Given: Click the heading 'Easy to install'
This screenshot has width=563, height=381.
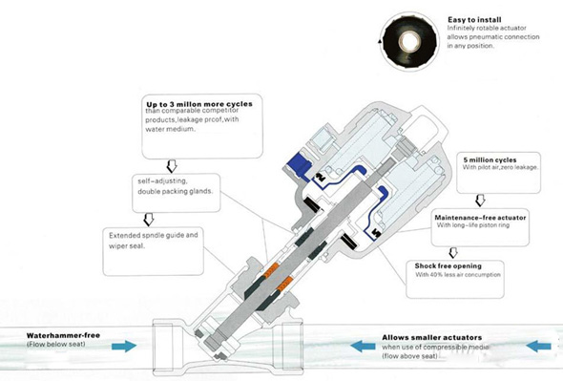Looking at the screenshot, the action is [474, 20].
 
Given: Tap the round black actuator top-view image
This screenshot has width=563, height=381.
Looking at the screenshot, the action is [409, 41].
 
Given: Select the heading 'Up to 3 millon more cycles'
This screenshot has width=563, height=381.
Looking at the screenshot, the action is [199, 104].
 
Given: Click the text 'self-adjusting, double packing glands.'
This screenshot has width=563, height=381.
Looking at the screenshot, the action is [176, 186].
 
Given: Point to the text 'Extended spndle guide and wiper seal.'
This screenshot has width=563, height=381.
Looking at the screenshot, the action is [154, 241].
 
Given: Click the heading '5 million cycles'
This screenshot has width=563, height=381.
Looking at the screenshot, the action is [490, 160].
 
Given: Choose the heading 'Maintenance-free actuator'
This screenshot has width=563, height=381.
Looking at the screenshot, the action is [480, 218].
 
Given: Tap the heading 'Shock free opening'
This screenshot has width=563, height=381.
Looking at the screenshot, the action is [448, 266].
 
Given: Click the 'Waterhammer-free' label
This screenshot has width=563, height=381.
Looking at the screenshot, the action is [63, 335].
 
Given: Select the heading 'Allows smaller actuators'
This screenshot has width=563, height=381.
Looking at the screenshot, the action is [432, 337].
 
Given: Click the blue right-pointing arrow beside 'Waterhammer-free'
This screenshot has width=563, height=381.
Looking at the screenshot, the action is [124, 346].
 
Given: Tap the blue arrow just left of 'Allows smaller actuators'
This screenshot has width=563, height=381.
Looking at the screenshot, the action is [363, 347].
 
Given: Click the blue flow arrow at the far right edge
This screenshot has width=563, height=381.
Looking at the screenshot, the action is [538, 347].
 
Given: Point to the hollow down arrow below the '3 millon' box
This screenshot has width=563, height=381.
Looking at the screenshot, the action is [172, 166].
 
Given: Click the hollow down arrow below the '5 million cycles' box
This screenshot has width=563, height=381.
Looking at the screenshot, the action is [480, 201].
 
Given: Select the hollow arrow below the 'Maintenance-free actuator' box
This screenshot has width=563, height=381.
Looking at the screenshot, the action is [453, 253].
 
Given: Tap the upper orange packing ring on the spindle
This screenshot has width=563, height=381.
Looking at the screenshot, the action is [271, 270].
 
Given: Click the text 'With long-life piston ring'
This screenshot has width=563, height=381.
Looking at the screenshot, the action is [473, 225].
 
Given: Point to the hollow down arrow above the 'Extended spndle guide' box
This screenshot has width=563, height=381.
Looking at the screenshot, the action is [149, 220].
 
